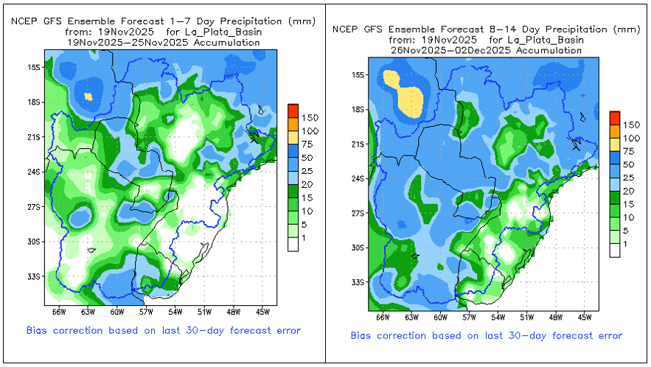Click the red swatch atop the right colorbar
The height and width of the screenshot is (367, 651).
615,117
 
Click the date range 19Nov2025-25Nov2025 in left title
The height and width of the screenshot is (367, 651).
163,43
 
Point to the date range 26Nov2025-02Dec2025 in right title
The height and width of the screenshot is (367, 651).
486,50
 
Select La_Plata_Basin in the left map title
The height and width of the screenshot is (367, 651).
226,32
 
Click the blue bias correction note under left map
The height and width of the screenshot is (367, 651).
163,330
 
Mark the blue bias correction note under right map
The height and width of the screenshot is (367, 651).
486,335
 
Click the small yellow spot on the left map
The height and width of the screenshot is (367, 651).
88,96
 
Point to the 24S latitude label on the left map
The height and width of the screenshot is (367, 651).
32,172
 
